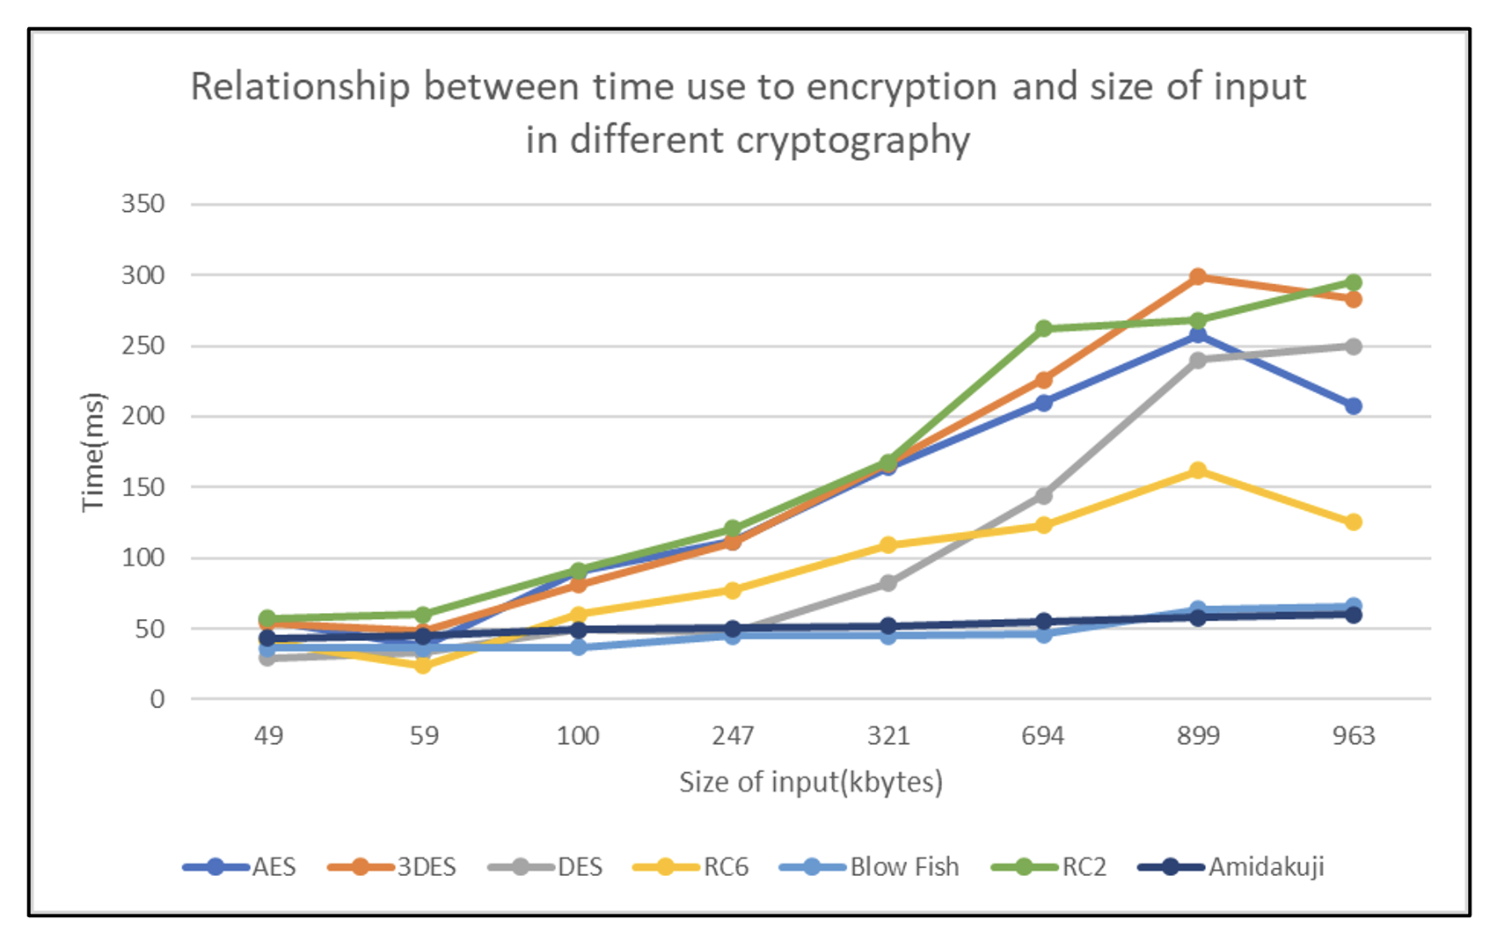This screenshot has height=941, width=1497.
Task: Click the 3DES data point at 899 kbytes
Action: point(1198,277)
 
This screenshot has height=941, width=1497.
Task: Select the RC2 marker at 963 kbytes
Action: point(1353,282)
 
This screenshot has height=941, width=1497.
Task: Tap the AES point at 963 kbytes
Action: point(1353,406)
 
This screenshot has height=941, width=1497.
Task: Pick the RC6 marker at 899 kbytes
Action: point(1198,470)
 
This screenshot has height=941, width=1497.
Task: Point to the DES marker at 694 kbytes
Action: point(1043,496)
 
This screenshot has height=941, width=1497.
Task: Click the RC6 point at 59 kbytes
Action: point(423,666)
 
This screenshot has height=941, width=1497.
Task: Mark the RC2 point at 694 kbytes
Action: point(1043,329)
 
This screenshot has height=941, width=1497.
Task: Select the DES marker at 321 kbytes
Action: point(888,583)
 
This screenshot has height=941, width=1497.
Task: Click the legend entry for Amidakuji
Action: point(1266,867)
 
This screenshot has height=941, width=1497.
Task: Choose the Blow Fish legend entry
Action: point(904,867)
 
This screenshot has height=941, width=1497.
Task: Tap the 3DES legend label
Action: point(427,867)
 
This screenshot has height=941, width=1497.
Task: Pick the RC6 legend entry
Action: point(726,867)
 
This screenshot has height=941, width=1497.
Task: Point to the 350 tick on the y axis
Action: point(143,204)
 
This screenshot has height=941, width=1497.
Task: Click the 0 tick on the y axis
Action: point(157,699)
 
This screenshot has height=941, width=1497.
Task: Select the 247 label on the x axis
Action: point(733,735)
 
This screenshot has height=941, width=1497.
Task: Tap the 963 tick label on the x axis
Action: point(1353,735)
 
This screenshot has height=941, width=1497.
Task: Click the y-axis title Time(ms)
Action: point(93,452)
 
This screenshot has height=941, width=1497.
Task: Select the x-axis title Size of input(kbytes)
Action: point(810,782)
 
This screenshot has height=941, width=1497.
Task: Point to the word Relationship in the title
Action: point(300,87)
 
